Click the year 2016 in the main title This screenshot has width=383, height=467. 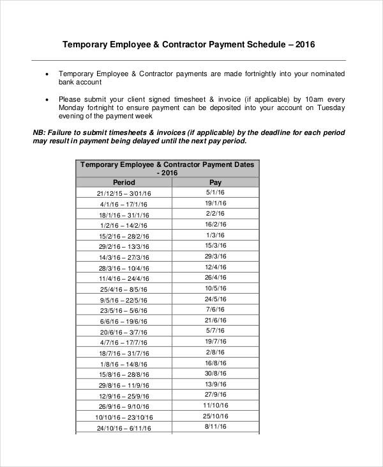point(303,45)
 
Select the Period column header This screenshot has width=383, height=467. point(124,182)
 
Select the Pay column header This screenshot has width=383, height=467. point(215,182)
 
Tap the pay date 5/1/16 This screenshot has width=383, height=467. point(215,192)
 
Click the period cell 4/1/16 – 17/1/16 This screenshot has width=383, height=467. point(124,203)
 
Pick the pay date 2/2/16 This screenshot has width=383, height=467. point(215,213)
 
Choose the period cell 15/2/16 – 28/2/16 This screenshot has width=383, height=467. point(124,236)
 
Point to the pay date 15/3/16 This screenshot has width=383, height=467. point(215,246)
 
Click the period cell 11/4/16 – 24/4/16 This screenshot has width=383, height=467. point(124,279)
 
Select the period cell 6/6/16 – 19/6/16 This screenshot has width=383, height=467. point(124,322)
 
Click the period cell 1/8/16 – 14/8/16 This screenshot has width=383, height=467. point(124,364)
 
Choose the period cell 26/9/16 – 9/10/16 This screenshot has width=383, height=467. point(124,407)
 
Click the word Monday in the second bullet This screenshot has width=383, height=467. point(73,108)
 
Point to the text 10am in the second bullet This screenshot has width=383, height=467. point(313,99)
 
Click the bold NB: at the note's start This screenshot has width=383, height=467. point(40,132)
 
